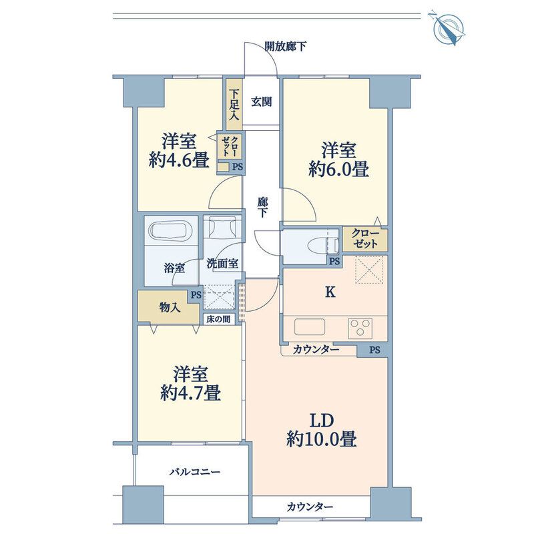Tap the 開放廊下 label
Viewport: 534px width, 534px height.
point(285,47)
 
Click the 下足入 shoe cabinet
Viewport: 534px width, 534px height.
point(234,105)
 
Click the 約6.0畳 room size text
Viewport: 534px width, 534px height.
point(339,170)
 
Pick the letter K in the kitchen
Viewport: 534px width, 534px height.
point(329,292)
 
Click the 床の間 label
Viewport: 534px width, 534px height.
point(218,319)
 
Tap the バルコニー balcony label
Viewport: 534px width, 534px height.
point(194,472)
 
